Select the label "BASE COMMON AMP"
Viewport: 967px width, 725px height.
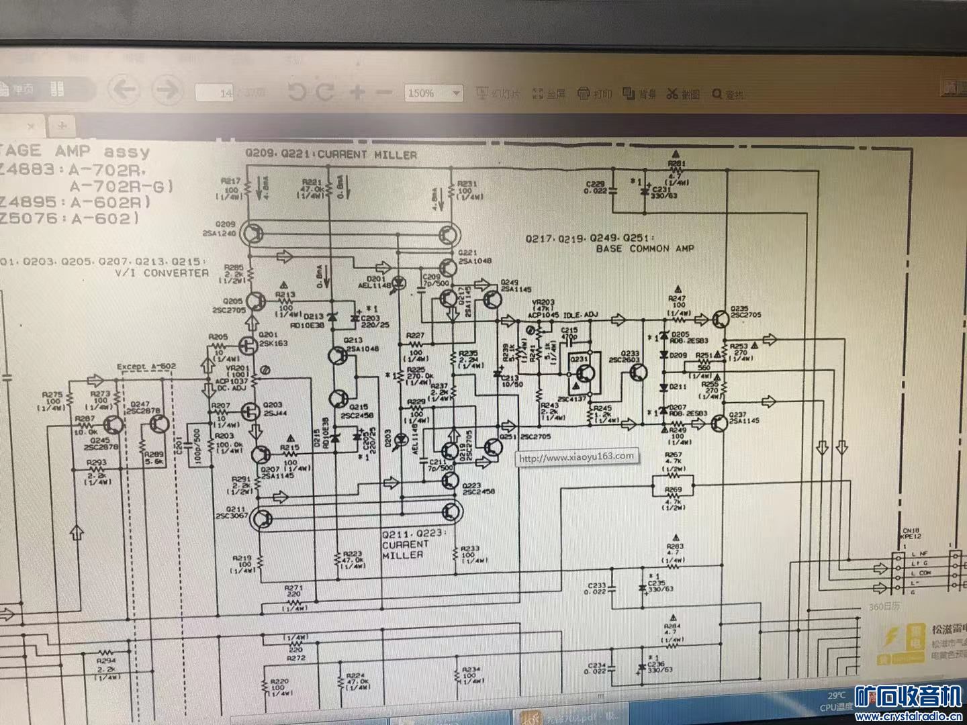click(x=645, y=248)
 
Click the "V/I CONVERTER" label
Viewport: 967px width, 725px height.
click(x=162, y=273)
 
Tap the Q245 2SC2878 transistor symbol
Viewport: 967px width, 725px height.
click(x=115, y=424)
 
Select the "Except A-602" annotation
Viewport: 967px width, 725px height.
click(x=146, y=367)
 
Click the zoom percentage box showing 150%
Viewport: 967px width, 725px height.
click(x=433, y=93)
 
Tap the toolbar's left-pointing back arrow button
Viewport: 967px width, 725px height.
click(x=124, y=89)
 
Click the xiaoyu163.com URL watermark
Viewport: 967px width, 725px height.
click(x=576, y=457)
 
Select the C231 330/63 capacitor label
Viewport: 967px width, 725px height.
click(x=663, y=193)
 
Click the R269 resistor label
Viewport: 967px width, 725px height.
click(x=673, y=490)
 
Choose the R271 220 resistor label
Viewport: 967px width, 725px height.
click(x=293, y=591)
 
